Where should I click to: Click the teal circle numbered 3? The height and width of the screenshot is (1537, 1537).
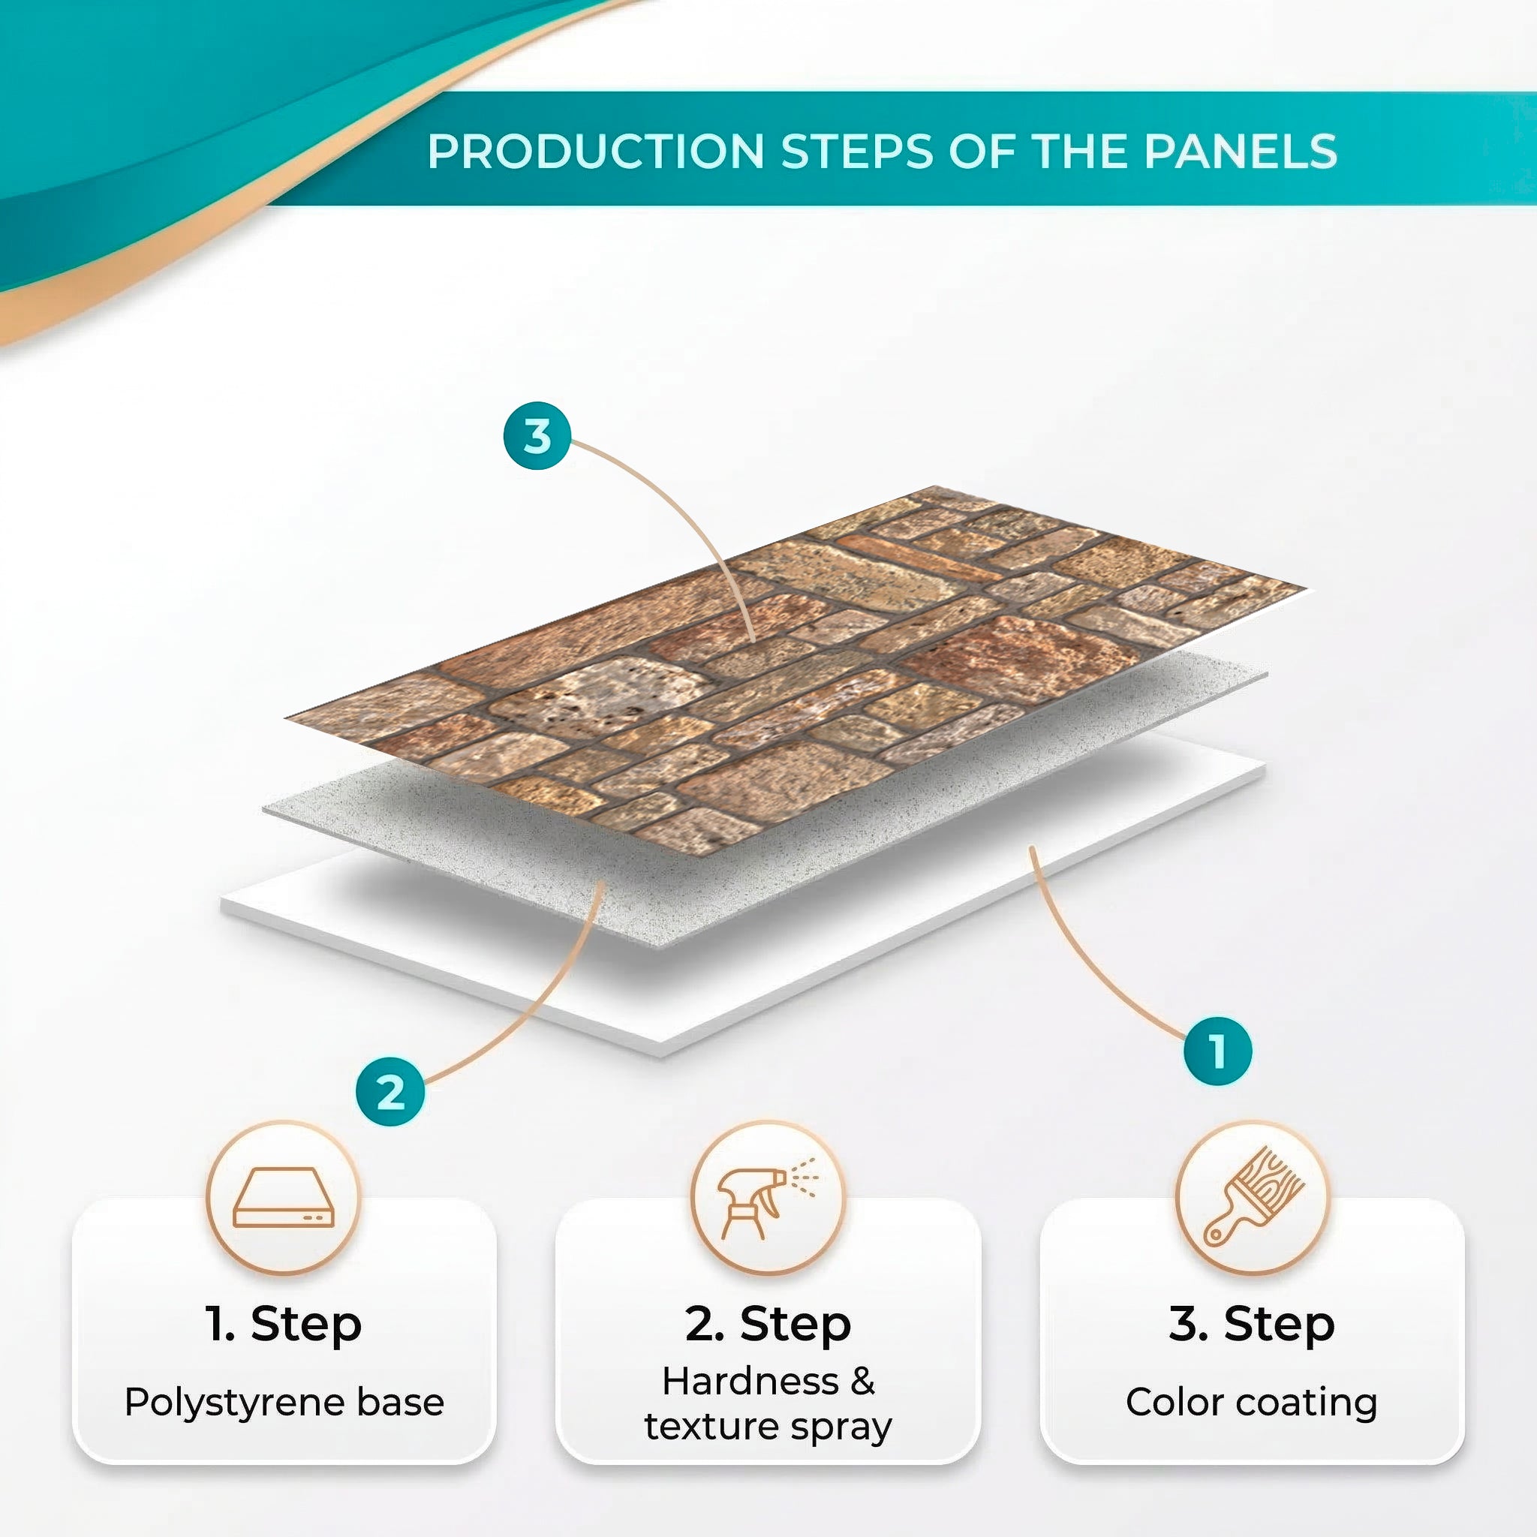point(537,436)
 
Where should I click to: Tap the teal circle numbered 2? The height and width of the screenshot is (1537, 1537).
point(390,1091)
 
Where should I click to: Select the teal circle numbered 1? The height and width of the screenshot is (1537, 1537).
point(1217,1051)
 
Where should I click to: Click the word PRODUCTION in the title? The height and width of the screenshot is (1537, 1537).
point(595,151)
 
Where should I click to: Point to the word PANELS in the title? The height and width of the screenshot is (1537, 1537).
point(1241,151)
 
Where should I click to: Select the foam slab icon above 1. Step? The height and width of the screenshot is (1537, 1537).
point(283,1198)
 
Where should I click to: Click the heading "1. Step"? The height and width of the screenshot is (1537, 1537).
point(283,1324)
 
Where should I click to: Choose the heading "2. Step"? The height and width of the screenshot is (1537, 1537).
point(768,1324)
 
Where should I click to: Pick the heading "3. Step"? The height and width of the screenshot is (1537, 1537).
point(1251,1324)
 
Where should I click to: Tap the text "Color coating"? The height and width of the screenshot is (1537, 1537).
point(1251,1402)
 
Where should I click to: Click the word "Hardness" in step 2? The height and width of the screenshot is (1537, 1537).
point(750,1382)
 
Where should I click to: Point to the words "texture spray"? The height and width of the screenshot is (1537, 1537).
point(768,1427)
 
